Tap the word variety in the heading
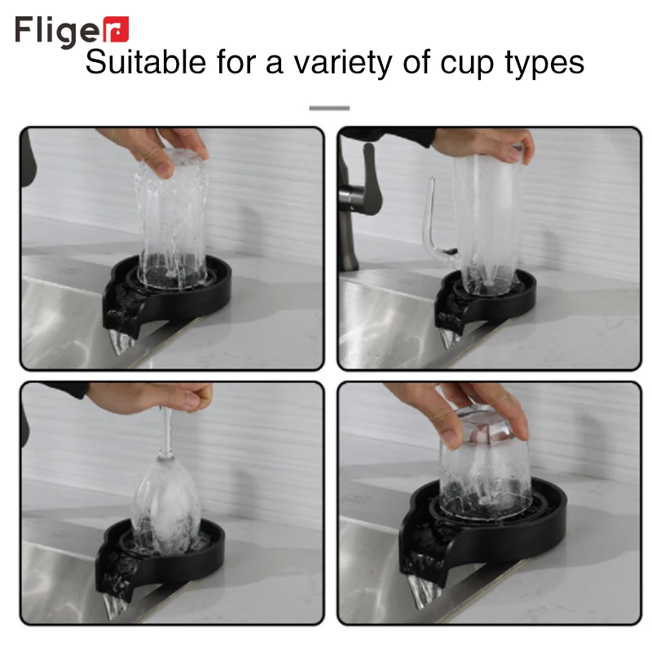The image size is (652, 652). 342,63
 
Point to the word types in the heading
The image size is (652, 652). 545,63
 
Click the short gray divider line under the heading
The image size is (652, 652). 329,108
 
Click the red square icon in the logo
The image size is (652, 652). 117,30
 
